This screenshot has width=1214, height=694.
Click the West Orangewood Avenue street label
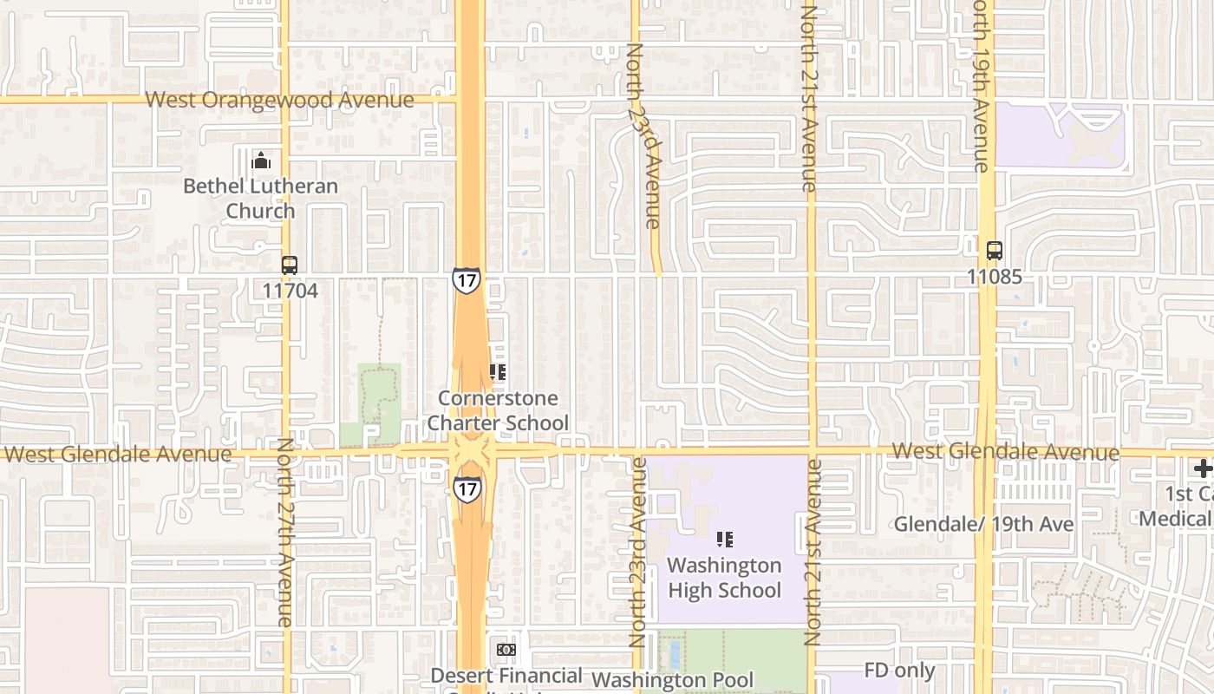(279, 100)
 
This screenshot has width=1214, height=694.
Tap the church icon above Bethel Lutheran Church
(260, 160)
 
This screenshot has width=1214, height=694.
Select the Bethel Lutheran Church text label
(260, 199)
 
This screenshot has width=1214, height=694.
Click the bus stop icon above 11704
(290, 265)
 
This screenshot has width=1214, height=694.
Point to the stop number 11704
(290, 291)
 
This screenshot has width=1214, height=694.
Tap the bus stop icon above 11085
(995, 251)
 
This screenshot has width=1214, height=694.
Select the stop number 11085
(995, 277)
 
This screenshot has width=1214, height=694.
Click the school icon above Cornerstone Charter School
(498, 373)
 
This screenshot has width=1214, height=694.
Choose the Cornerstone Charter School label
(503, 410)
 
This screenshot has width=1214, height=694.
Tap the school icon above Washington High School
(725, 540)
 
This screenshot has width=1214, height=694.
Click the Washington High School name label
(724, 578)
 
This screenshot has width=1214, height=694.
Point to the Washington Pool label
(673, 679)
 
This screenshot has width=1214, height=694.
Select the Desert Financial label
(506, 675)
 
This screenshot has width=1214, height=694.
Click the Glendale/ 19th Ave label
(983, 524)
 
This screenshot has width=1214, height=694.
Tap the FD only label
(900, 671)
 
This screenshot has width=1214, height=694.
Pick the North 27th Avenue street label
(284, 533)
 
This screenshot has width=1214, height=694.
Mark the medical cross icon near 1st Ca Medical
(1203, 469)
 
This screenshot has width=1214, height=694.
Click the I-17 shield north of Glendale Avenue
(466, 280)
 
